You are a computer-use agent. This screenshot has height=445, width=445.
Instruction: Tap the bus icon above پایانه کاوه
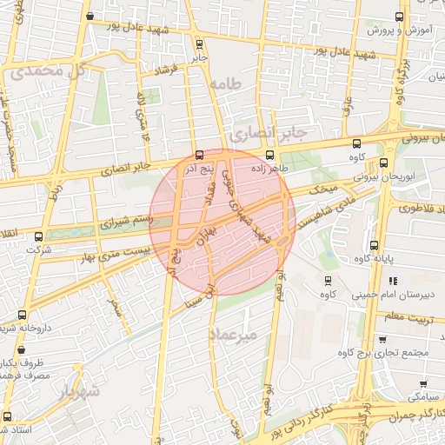(x=373, y=245)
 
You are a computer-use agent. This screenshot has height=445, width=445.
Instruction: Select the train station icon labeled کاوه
(x=327, y=280)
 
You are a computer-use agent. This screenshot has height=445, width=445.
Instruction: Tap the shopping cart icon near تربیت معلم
(x=382, y=339)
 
